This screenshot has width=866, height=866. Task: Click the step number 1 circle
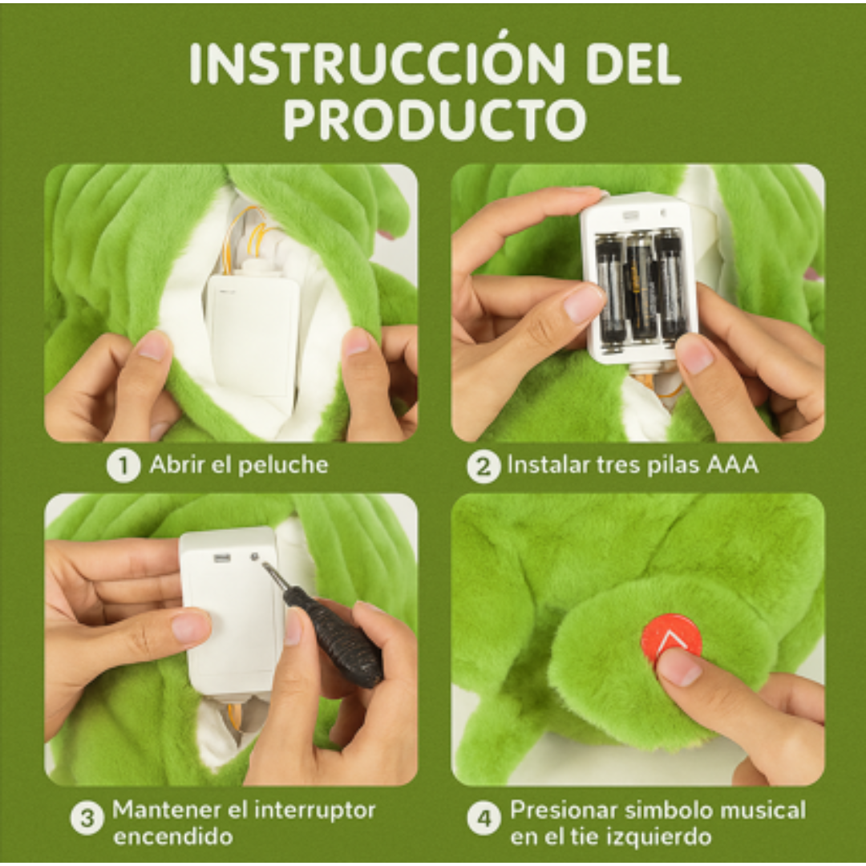[x=123, y=466]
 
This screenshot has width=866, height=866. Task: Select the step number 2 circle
[x=484, y=466]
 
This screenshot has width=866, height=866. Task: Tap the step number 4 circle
[x=484, y=819]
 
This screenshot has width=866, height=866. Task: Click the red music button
[x=670, y=637]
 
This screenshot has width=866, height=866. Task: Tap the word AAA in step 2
[x=731, y=464]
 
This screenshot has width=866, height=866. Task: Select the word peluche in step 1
[x=284, y=464]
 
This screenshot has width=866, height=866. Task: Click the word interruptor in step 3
[x=314, y=810]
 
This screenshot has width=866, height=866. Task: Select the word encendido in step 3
[x=173, y=836]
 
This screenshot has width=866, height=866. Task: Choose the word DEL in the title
[x=633, y=62]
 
